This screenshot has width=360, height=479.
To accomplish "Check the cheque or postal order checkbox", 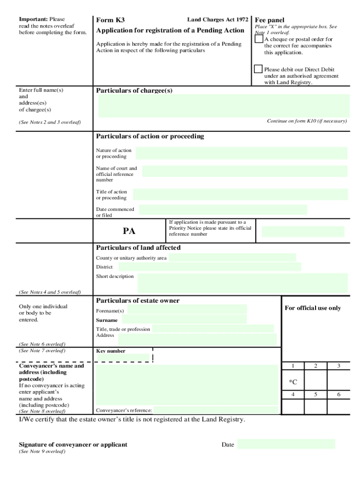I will pos(258,39).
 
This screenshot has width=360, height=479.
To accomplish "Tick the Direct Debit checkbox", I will pos(258,69).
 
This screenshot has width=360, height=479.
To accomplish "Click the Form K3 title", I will pos(110,20).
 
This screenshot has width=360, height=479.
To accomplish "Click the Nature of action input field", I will pos(241,153).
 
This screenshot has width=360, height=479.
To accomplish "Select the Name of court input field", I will pos(245,171).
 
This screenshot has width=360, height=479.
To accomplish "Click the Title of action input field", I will pos(240,194).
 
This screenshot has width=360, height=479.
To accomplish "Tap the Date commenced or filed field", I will pos(223,210).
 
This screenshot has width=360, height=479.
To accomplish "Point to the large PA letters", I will pos(129,231).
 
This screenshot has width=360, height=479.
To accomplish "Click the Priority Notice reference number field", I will pos(302,232).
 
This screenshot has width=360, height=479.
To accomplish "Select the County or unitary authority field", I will pos(232,258).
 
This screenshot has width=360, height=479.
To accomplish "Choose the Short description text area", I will pos(242,283).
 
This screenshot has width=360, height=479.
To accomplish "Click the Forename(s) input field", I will pos(187,310).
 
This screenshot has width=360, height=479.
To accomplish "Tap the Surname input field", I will pos(183,319).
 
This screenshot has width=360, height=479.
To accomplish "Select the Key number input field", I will pos(123,358).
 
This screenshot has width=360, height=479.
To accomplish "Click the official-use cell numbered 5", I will pos(316,394).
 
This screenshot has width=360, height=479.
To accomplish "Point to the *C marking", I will pos(293,382).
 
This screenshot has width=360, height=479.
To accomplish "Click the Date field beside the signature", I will pos(286,444).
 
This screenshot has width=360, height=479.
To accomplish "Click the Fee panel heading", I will pos(269,20).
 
